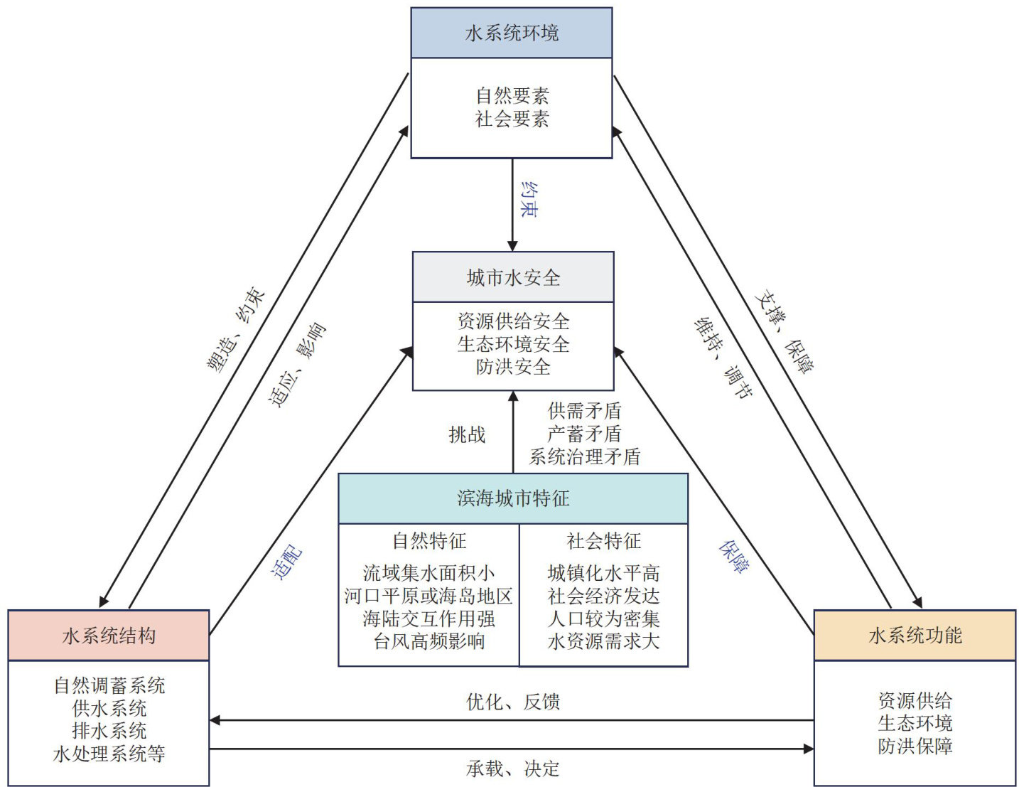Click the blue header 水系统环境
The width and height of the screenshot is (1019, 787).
(x=512, y=33)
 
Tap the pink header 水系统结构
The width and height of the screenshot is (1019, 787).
(x=109, y=636)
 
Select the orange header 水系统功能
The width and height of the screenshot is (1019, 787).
(x=915, y=636)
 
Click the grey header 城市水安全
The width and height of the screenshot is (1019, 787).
(x=513, y=277)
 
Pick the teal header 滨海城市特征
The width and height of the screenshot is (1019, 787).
(x=513, y=498)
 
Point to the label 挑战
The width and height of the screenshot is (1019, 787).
(x=467, y=434)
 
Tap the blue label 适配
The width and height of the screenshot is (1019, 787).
(x=287, y=562)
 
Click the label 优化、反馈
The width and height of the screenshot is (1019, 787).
(x=513, y=702)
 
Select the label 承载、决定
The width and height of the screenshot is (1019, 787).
(x=513, y=769)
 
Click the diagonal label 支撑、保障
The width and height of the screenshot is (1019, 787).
(x=785, y=331)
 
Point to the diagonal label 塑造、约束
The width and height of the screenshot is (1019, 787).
(x=236, y=330)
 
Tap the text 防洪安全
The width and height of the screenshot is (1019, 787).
(x=513, y=367)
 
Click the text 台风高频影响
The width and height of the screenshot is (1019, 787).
(x=429, y=641)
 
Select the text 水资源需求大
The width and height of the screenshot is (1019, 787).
(x=603, y=641)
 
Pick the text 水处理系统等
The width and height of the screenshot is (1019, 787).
(x=109, y=754)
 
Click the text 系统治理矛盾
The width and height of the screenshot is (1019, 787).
(x=585, y=456)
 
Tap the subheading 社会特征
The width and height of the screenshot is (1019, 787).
(x=603, y=541)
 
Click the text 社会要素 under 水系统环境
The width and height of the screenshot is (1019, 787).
(x=512, y=119)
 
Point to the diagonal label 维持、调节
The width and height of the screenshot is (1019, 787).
(x=723, y=358)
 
